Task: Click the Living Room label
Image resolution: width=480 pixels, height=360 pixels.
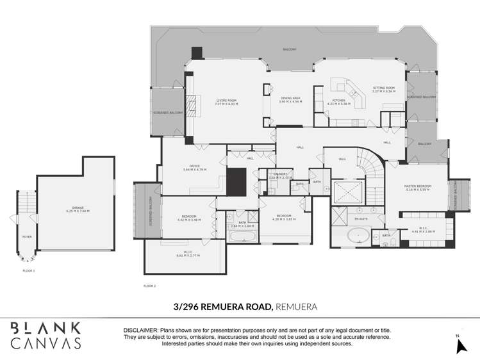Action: [226, 101]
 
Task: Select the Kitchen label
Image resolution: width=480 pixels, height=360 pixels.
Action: [338, 101]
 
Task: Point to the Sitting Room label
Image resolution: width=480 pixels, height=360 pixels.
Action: [384, 89]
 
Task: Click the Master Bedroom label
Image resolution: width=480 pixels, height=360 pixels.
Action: [417, 187]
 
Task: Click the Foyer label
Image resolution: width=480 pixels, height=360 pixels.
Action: [27, 236]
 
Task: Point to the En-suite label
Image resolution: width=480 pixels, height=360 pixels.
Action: [361, 219]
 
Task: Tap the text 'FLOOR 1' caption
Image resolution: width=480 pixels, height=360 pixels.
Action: [28, 271]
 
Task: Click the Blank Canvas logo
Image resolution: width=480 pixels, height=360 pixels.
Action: [46, 336]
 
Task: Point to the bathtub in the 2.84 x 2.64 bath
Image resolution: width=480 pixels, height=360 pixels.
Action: [242, 237]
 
